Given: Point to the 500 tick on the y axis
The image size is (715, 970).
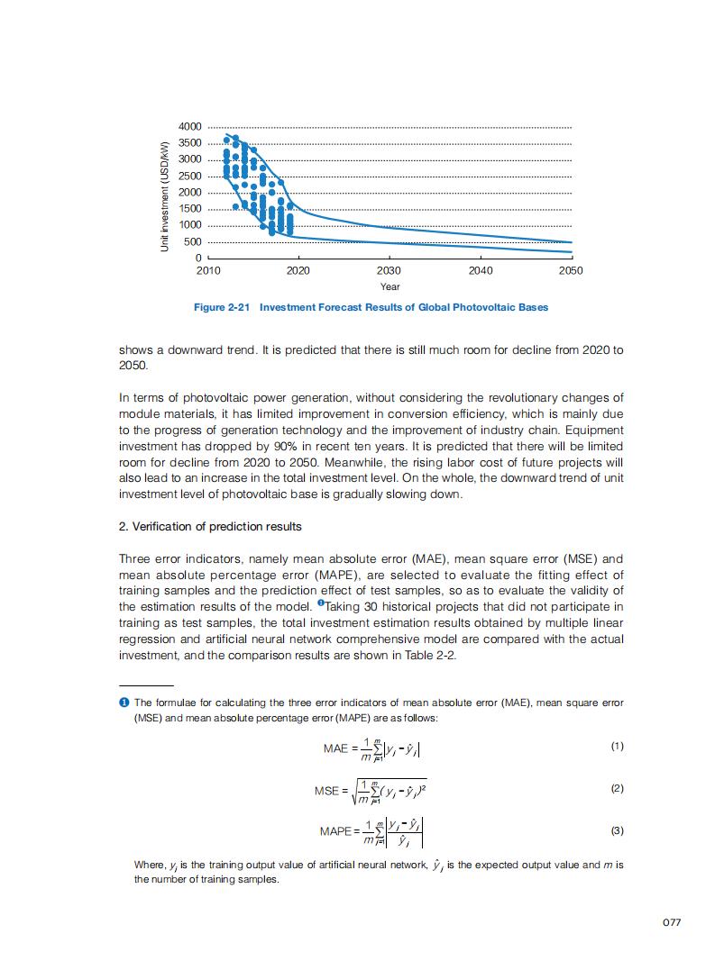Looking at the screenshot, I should (x=193, y=241).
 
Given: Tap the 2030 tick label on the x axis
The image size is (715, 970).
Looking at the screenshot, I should (x=390, y=270).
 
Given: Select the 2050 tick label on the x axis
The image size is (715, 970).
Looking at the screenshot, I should (x=571, y=270).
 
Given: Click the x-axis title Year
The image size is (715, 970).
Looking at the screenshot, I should (x=390, y=286).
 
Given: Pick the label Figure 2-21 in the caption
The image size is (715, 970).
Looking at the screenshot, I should (x=221, y=307).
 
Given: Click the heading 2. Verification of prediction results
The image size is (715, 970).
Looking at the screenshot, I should (x=210, y=526).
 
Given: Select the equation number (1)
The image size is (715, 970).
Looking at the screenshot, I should (x=617, y=747).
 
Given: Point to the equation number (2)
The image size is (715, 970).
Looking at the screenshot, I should (x=617, y=788).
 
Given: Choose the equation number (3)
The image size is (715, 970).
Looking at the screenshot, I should (x=617, y=830).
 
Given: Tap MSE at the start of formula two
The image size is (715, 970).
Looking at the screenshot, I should (x=326, y=791).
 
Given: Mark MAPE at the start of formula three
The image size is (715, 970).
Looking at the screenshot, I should (x=337, y=830).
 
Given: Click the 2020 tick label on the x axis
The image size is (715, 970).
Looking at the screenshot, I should (x=298, y=270).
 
